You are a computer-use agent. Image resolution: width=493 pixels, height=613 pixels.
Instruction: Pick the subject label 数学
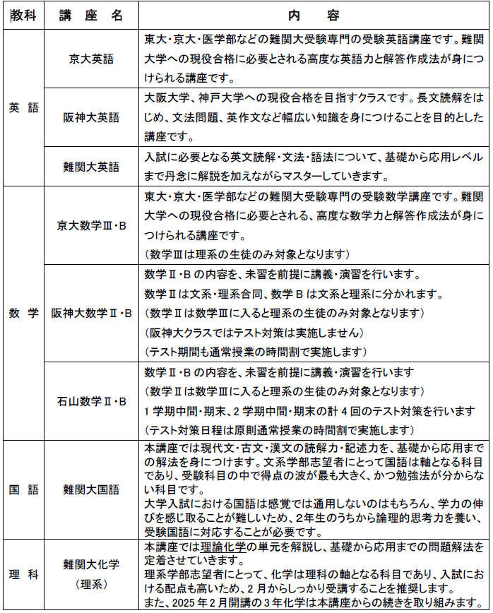pos(23,314)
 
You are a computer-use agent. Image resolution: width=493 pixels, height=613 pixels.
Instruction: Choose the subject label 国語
pos(23,489)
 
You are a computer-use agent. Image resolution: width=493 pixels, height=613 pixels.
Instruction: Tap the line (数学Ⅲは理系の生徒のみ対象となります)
pos(246,254)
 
